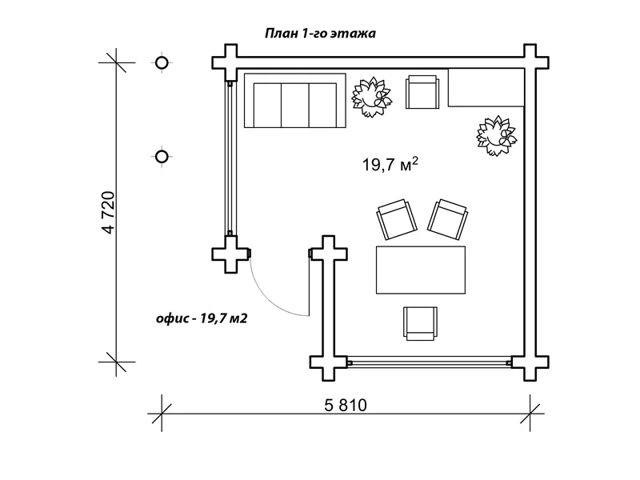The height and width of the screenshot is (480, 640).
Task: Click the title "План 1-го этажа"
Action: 321,34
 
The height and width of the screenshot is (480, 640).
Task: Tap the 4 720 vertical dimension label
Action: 109,212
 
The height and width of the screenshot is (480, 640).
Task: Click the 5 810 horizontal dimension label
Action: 346,406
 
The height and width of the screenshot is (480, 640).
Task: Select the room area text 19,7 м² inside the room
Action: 390,164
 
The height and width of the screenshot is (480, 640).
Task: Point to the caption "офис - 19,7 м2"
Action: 202,318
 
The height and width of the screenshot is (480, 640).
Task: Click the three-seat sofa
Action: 295,101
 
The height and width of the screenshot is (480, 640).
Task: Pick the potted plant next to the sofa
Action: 372,97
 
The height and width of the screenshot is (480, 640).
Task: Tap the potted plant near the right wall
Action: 496,135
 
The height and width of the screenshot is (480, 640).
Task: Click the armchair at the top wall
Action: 422,92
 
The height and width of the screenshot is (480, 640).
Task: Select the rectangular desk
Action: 421,270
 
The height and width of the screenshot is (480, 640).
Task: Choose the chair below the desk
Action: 421,324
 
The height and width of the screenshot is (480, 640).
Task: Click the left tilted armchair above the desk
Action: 397,219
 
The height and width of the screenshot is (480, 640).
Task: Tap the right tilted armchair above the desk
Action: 448,219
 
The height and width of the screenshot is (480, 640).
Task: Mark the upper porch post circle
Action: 162,63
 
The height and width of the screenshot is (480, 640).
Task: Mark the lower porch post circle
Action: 162,157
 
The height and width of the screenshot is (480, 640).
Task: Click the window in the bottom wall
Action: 430,362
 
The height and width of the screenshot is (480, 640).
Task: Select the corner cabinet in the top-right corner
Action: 486,88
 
